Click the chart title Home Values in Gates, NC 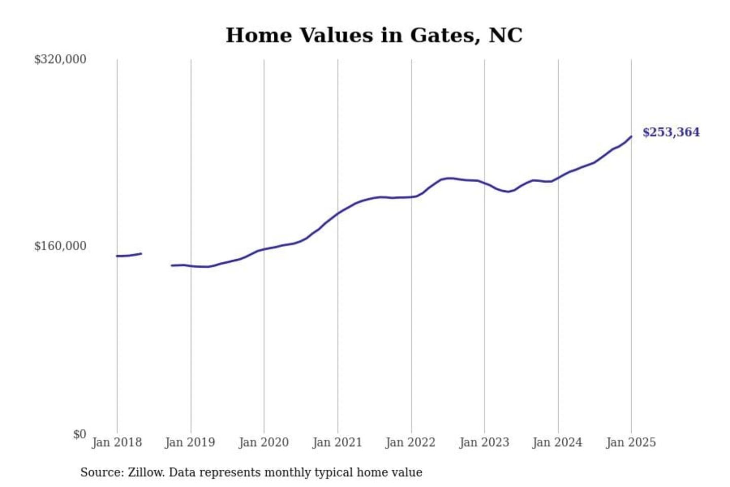click(374, 36)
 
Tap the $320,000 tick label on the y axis click(60, 59)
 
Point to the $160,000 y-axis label click(60, 246)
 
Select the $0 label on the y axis click(80, 434)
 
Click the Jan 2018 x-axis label click(117, 442)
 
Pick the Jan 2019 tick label click(190, 442)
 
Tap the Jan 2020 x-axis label click(264, 442)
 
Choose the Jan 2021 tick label click(337, 442)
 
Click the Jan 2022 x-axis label click(411, 442)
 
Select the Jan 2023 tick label click(484, 442)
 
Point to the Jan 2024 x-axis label click(558, 442)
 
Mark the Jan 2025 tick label click(631, 442)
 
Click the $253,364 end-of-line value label click(671, 132)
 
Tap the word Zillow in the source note click(145, 472)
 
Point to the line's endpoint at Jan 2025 click(631, 136)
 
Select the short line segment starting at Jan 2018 click(129, 255)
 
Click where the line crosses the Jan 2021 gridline click(338, 213)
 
